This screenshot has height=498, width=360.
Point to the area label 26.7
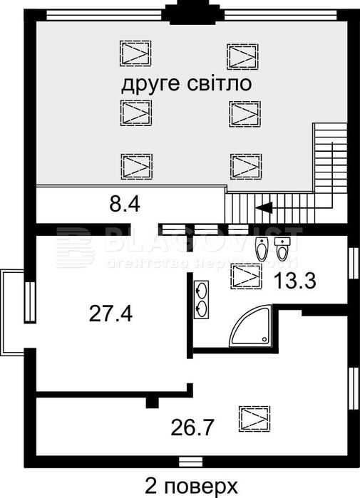(x=193, y=427)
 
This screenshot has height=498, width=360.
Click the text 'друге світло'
(x=187, y=85)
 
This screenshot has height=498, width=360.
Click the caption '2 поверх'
(x=191, y=486)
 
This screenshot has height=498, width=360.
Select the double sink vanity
(x=202, y=299)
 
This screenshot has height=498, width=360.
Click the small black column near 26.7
(x=151, y=403)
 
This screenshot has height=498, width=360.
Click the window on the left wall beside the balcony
(x=30, y=302)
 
